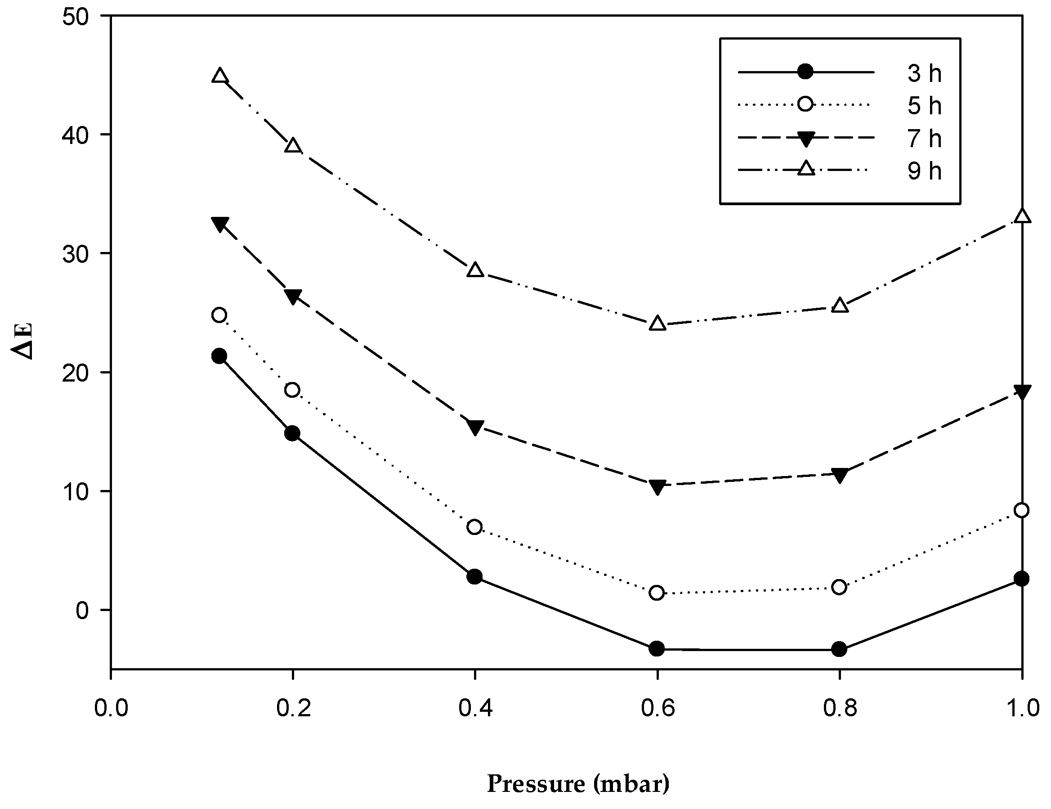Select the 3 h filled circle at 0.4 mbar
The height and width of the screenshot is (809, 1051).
click(x=474, y=576)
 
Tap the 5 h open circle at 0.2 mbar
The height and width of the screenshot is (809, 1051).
click(x=292, y=390)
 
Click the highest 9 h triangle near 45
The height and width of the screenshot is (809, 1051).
click(x=220, y=76)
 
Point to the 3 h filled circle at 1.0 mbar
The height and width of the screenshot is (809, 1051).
click(x=1022, y=578)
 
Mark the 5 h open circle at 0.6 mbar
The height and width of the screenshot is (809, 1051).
click(x=657, y=593)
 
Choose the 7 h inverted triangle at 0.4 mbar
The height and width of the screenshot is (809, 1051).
click(x=475, y=427)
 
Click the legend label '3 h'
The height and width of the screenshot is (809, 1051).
click(x=924, y=73)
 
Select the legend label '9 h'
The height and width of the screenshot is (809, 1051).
click(x=924, y=171)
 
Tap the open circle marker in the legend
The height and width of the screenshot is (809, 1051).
click(x=805, y=104)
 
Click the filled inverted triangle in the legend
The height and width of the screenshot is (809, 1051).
click(x=805, y=139)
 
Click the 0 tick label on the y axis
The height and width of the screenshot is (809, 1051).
click(x=82, y=610)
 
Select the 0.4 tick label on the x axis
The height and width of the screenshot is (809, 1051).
click(x=475, y=709)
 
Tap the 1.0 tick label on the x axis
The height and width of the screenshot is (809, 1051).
click(x=1022, y=709)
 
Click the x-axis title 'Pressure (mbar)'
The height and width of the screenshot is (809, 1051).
click(x=577, y=783)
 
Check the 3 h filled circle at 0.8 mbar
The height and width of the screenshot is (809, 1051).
click(x=839, y=649)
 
